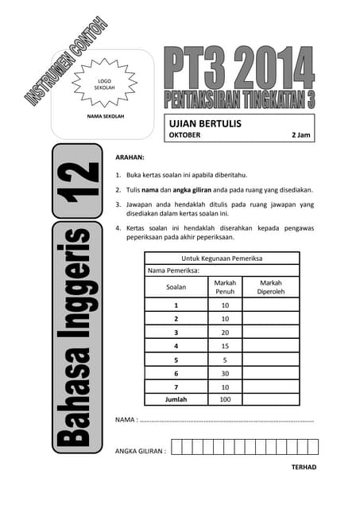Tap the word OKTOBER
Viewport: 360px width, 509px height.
coord(185,135)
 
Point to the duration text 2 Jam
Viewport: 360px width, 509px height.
coord(302,135)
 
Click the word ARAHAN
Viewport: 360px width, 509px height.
coord(130,157)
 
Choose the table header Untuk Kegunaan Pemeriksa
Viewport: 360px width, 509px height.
coord(222,258)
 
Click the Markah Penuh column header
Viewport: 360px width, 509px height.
coord(225,286)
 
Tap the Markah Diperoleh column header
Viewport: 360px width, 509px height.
coord(271,286)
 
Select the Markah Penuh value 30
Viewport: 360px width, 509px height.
coord(225,373)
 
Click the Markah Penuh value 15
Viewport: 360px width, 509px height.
coord(225,346)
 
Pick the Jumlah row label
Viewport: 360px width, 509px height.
coord(176,399)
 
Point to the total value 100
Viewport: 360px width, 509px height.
coord(225,399)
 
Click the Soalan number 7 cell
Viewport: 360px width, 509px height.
coord(176,387)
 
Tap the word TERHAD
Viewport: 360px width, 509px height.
coord(304,467)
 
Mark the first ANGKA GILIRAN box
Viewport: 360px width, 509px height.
coord(177,447)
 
